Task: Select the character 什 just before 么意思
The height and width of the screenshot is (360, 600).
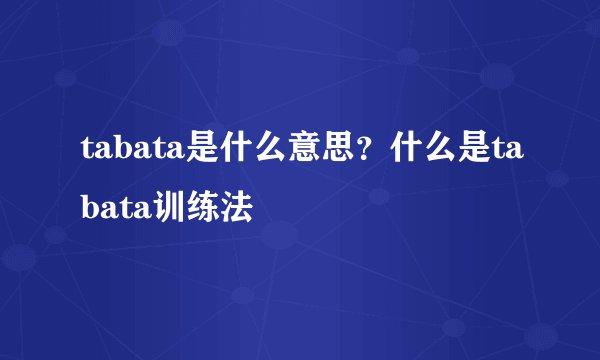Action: [225, 151]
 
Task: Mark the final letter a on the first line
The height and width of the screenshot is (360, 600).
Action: [513, 153]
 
